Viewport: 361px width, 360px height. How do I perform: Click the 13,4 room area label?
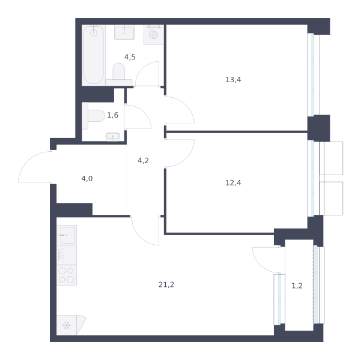click(x=233, y=80)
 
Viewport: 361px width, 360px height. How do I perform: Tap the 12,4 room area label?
click(x=233, y=183)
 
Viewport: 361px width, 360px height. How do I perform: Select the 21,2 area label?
click(x=166, y=285)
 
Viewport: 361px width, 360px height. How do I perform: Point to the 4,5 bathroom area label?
click(x=130, y=57)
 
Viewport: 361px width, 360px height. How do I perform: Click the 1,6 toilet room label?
click(x=112, y=115)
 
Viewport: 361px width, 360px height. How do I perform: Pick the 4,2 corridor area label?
click(x=143, y=161)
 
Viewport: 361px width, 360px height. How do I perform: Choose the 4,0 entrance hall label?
click(x=87, y=179)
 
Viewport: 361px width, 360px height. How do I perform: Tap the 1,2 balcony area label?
click(x=297, y=286)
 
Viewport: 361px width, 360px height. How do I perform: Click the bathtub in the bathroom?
click(x=94, y=55)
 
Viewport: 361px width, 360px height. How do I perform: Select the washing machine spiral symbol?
click(x=153, y=35)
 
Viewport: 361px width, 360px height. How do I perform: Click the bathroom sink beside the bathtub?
click(x=124, y=32)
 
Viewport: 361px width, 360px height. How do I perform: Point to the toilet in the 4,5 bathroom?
click(x=119, y=74)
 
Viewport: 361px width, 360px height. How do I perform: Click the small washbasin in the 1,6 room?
click(x=112, y=137)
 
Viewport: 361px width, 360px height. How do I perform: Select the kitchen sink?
click(x=68, y=235)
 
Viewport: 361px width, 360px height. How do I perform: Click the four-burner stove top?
click(x=66, y=275)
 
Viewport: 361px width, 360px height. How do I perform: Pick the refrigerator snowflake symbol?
click(x=67, y=325)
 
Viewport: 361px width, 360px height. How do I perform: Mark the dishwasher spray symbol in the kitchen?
click(x=61, y=255)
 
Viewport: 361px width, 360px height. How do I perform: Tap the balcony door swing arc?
click(x=261, y=265)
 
